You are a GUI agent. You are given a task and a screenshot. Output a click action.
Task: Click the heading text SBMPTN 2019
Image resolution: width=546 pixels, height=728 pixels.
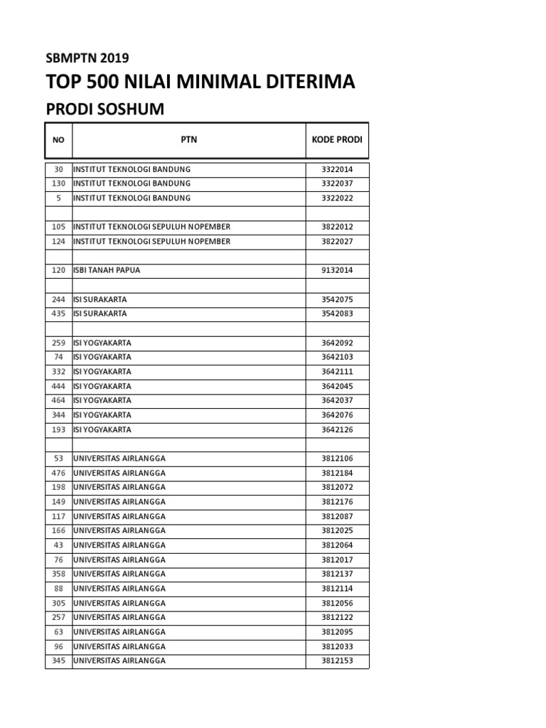pyautogui.click(x=87, y=58)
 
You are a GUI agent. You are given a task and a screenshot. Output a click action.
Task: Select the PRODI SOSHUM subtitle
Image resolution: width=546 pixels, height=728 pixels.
pyautogui.click(x=105, y=109)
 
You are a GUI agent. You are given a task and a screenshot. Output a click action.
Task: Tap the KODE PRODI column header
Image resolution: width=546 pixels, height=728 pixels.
pyautogui.click(x=337, y=139)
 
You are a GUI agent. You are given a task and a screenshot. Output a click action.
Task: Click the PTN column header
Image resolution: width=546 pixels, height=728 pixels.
pyautogui.click(x=188, y=139)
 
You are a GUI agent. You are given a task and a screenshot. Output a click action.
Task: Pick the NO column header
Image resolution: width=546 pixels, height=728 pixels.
pyautogui.click(x=58, y=139)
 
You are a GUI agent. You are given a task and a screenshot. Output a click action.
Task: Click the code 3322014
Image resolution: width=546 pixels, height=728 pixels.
pyautogui.click(x=337, y=169)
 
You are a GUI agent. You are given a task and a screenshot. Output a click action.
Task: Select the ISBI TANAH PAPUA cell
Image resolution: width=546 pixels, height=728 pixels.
pyautogui.click(x=112, y=270)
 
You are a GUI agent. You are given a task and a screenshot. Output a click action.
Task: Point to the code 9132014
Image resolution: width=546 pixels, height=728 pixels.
pyautogui.click(x=337, y=270)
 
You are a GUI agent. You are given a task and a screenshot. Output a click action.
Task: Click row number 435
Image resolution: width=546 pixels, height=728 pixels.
pyautogui.click(x=58, y=314)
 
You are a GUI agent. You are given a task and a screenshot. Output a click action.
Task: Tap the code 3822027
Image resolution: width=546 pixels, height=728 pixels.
pyautogui.click(x=337, y=242)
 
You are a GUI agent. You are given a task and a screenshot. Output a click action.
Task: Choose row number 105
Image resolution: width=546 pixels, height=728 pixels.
pyautogui.click(x=58, y=227)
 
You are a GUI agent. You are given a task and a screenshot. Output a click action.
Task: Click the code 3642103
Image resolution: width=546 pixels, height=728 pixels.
pyautogui.click(x=337, y=357)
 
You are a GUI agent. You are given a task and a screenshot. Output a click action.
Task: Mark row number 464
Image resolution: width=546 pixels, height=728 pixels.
pyautogui.click(x=58, y=400)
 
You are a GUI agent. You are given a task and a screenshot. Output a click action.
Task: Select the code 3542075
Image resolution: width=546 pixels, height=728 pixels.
pyautogui.click(x=337, y=299)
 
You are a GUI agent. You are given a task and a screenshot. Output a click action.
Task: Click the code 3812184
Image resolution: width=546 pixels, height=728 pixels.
pyautogui.click(x=337, y=473)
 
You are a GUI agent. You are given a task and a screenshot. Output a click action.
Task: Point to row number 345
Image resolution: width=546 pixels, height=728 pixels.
pyautogui.click(x=58, y=660)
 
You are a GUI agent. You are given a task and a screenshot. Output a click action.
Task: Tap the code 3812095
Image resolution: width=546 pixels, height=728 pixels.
pyautogui.click(x=337, y=632)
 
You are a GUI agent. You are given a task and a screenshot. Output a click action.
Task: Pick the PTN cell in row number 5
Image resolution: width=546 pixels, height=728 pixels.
pyautogui.click(x=132, y=198)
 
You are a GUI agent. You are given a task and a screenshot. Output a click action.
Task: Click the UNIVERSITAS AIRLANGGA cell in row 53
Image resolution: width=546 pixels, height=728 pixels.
pyautogui.click(x=119, y=459)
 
